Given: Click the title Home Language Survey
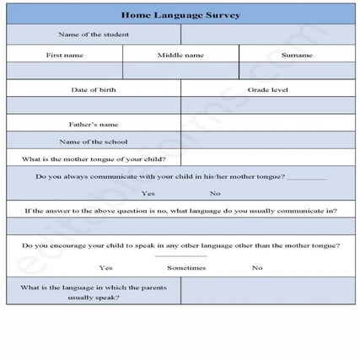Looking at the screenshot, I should [180, 14].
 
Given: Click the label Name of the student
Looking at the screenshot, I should [93, 35].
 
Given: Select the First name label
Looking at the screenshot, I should [64, 55].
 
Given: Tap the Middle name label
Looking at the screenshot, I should [180, 55].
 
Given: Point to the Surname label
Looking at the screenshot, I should [297, 55].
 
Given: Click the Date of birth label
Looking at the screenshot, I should [93, 89].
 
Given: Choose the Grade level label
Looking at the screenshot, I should [267, 89].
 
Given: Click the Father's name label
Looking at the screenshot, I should [93, 124].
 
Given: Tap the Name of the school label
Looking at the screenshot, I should [93, 141].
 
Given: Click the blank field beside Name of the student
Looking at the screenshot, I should [267, 35].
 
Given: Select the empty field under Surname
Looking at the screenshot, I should [297, 71].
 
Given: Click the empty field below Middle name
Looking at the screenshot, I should [180, 71].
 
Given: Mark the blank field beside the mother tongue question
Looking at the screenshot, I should [267, 159].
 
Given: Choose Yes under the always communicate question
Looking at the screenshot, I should [148, 193].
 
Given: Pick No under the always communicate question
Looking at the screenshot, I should [215, 193].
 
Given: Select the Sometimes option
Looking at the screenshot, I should [185, 267].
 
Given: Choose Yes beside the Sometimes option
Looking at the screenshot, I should [105, 267].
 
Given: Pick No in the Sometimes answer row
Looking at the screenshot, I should [256, 267].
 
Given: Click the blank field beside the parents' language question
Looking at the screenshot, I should [267, 292].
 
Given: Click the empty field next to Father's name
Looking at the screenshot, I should [267, 124].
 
